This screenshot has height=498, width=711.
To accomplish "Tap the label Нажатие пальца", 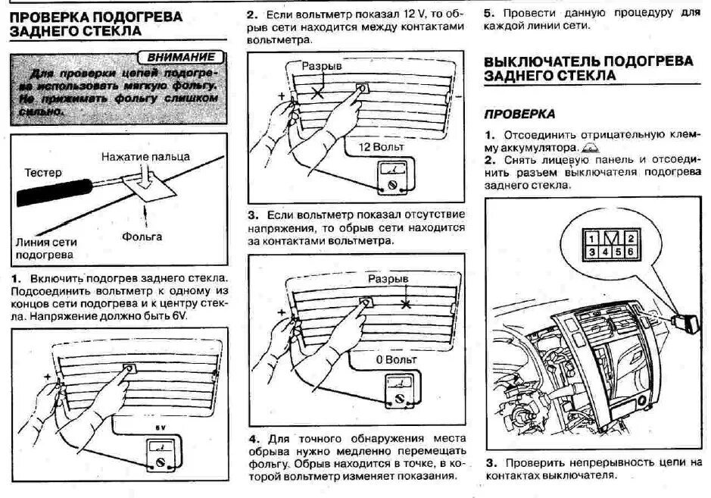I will click(x=146, y=157).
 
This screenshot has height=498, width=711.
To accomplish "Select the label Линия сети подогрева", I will click(x=45, y=249).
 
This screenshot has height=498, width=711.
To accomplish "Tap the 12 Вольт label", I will click(x=381, y=146).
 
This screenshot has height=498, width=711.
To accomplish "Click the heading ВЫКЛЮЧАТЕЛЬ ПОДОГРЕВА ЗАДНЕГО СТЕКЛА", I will click(x=588, y=68).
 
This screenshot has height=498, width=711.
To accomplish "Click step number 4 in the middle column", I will click(x=254, y=439).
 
